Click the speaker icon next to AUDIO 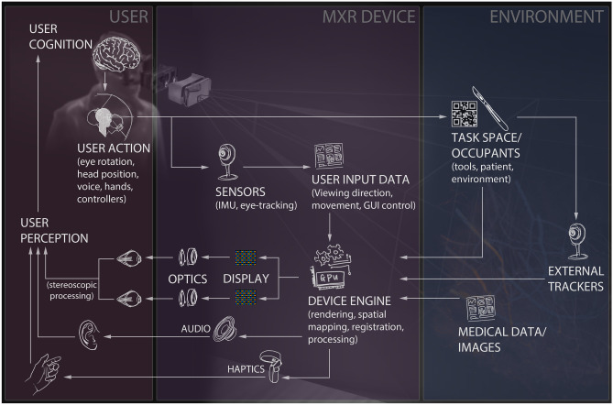pyautogui.click(x=225, y=327)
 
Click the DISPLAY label pyautogui.click(x=248, y=276)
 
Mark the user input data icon pyautogui.click(x=328, y=155)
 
